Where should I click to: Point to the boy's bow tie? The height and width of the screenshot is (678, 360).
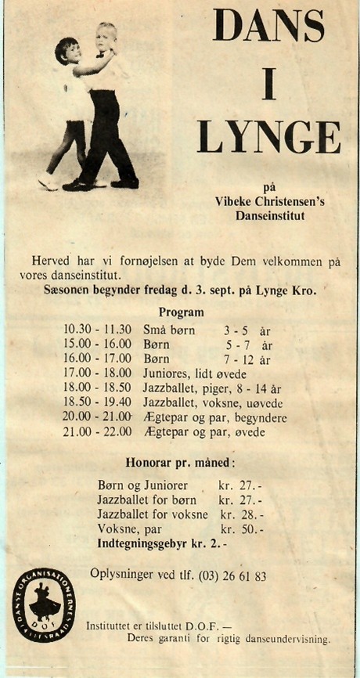coord(100,56)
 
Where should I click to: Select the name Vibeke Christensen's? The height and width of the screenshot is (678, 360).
coord(270,201)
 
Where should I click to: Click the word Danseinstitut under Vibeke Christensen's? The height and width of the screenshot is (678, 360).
coord(270,215)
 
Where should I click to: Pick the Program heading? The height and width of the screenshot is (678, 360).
coord(181,312)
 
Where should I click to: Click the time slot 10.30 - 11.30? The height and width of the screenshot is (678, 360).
coord(98,330)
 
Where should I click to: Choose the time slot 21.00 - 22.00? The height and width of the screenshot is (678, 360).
coord(98,432)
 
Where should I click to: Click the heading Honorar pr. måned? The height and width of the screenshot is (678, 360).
coord(181,462)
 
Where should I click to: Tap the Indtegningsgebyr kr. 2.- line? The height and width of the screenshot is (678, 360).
coord(162,543)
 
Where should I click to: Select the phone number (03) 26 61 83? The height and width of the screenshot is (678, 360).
coord(225,576)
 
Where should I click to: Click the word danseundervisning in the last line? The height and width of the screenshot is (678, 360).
coord(285,639)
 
